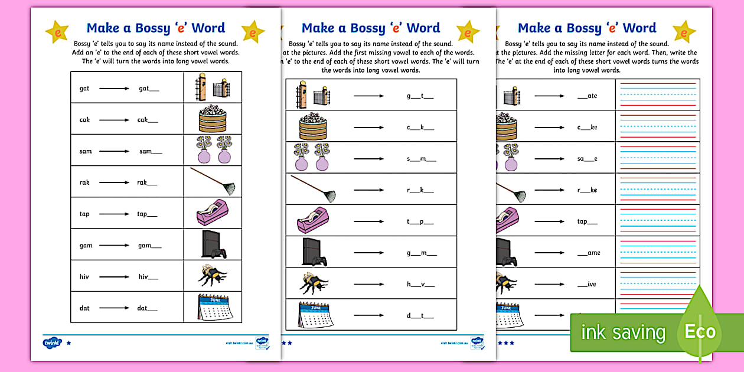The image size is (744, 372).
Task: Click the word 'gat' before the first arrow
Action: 84,89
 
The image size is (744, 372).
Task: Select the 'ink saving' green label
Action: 623,332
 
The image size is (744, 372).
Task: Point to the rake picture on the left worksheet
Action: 213,181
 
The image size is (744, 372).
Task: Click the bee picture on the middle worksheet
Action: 312,283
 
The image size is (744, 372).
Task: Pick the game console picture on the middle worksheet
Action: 314,252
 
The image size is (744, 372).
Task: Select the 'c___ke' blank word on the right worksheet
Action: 587,127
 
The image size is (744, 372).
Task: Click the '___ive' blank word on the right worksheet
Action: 587,284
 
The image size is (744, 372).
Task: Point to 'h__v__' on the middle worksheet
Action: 420,284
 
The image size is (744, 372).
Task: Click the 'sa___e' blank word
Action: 587,158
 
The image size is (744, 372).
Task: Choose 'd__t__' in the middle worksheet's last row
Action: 420,315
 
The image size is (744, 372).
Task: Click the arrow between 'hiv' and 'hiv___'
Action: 114,276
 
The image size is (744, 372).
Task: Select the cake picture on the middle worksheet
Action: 312,126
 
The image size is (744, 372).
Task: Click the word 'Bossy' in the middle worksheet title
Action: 366,28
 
